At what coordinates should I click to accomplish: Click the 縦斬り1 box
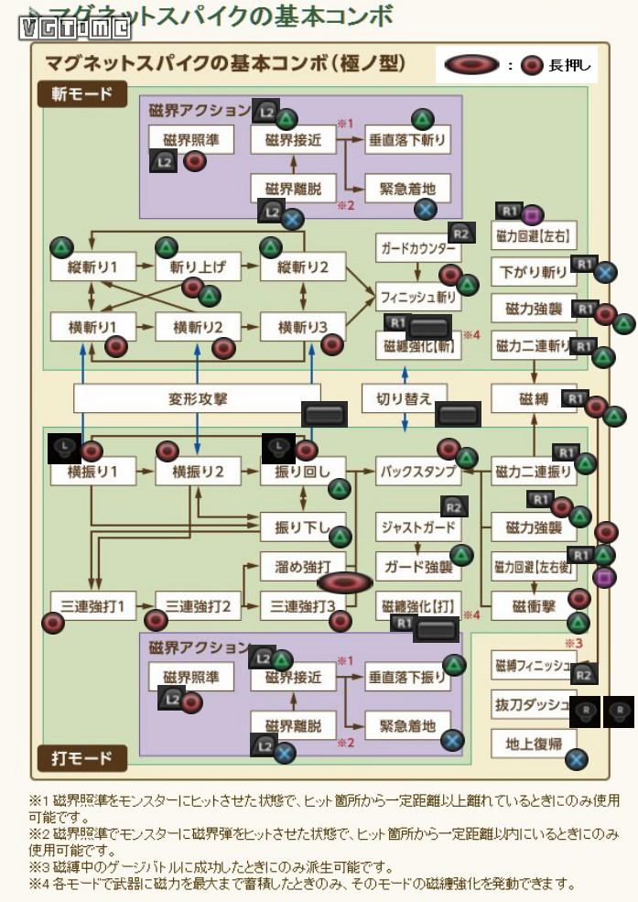92,267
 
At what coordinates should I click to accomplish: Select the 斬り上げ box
197,267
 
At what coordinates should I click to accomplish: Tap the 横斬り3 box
302,326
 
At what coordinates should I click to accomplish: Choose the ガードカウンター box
416,248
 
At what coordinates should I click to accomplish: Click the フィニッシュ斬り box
416,297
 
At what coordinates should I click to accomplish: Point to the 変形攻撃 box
197,399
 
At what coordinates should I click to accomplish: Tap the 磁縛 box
533,398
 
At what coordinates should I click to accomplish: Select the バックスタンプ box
416,471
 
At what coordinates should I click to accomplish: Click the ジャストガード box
416,527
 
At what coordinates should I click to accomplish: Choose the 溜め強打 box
302,567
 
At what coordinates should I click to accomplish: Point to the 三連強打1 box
92,605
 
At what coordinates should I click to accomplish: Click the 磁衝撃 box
533,605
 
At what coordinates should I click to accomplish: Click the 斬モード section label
81,94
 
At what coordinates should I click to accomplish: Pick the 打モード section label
81,757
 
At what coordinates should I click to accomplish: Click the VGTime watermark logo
77,27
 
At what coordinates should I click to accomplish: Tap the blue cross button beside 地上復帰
576,758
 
